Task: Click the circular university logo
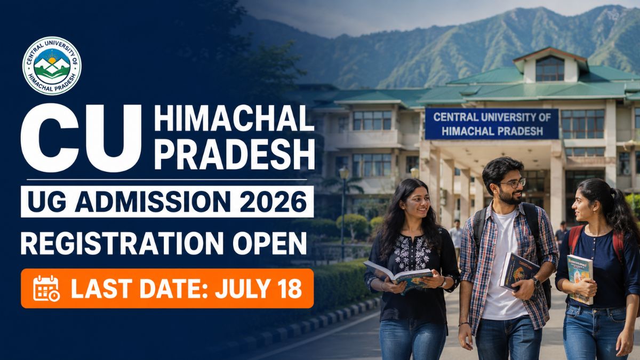point(52,66)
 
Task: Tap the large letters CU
point(81,139)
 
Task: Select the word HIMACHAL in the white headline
point(234,118)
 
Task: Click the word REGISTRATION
point(122,243)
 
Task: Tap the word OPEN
point(269,243)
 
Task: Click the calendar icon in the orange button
point(46,288)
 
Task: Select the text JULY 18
point(258,289)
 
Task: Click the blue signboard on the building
point(492,124)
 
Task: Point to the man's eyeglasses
point(513,183)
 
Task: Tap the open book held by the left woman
point(398,275)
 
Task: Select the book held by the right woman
point(580,279)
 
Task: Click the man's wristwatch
point(537,282)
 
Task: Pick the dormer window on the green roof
point(550,68)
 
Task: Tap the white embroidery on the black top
point(413,252)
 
